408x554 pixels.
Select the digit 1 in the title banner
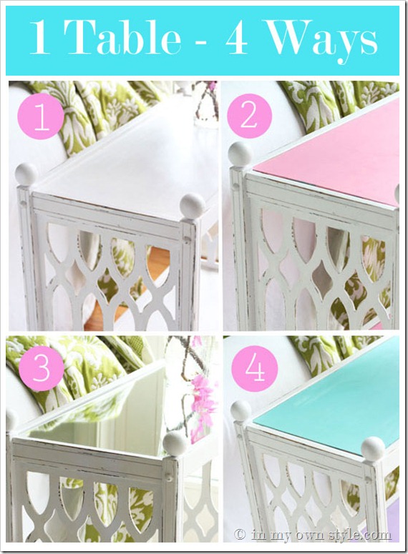(39, 37)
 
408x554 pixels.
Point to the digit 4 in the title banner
(237, 38)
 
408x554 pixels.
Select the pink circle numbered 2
(250, 117)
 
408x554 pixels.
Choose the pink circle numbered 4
(255, 369)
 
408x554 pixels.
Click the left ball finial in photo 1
(26, 174)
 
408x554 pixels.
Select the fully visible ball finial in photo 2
(241, 154)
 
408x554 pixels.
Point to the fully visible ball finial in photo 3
(175, 442)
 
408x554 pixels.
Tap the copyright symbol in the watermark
(240, 535)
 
